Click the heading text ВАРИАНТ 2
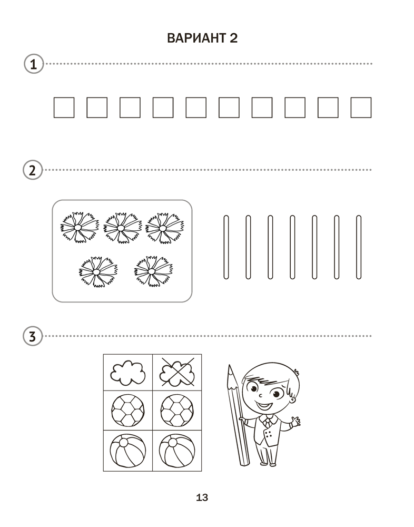point(202,38)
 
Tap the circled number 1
point(34,64)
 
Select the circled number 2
point(33,170)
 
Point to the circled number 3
point(33,336)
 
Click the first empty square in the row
point(64,108)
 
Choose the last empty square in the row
point(361,108)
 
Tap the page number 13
point(202,497)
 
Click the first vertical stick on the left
point(226,247)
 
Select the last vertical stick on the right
point(359,247)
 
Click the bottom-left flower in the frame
point(98,271)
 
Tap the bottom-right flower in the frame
point(153,271)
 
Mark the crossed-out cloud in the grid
point(178,372)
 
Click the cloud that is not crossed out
point(128,373)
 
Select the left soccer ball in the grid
point(128,411)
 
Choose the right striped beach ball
point(177,451)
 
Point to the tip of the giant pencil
point(230,366)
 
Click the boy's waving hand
point(295,422)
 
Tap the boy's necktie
point(268,422)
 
